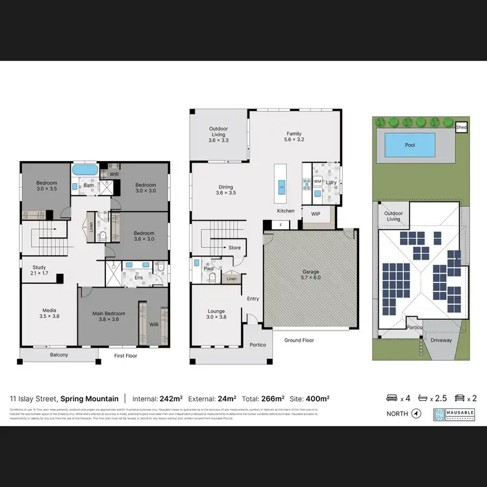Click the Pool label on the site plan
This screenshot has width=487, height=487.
pyautogui.click(x=410, y=145)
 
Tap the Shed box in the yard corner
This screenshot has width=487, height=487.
pyautogui.click(x=462, y=128)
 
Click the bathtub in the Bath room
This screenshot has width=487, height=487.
pyautogui.click(x=84, y=170)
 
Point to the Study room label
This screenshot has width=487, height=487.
pyautogui.click(x=39, y=270)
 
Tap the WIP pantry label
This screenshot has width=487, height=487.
pyautogui.click(x=316, y=214)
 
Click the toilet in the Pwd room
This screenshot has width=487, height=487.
pyautogui.click(x=212, y=279)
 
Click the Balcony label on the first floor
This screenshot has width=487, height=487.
pyautogui.click(x=58, y=355)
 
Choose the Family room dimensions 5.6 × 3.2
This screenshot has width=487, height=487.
pyautogui.click(x=294, y=139)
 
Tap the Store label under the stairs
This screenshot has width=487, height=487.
pyautogui.click(x=234, y=247)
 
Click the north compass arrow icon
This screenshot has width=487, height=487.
pyautogui.click(x=416, y=413)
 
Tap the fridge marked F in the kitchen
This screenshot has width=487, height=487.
pyautogui.click(x=281, y=225)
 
